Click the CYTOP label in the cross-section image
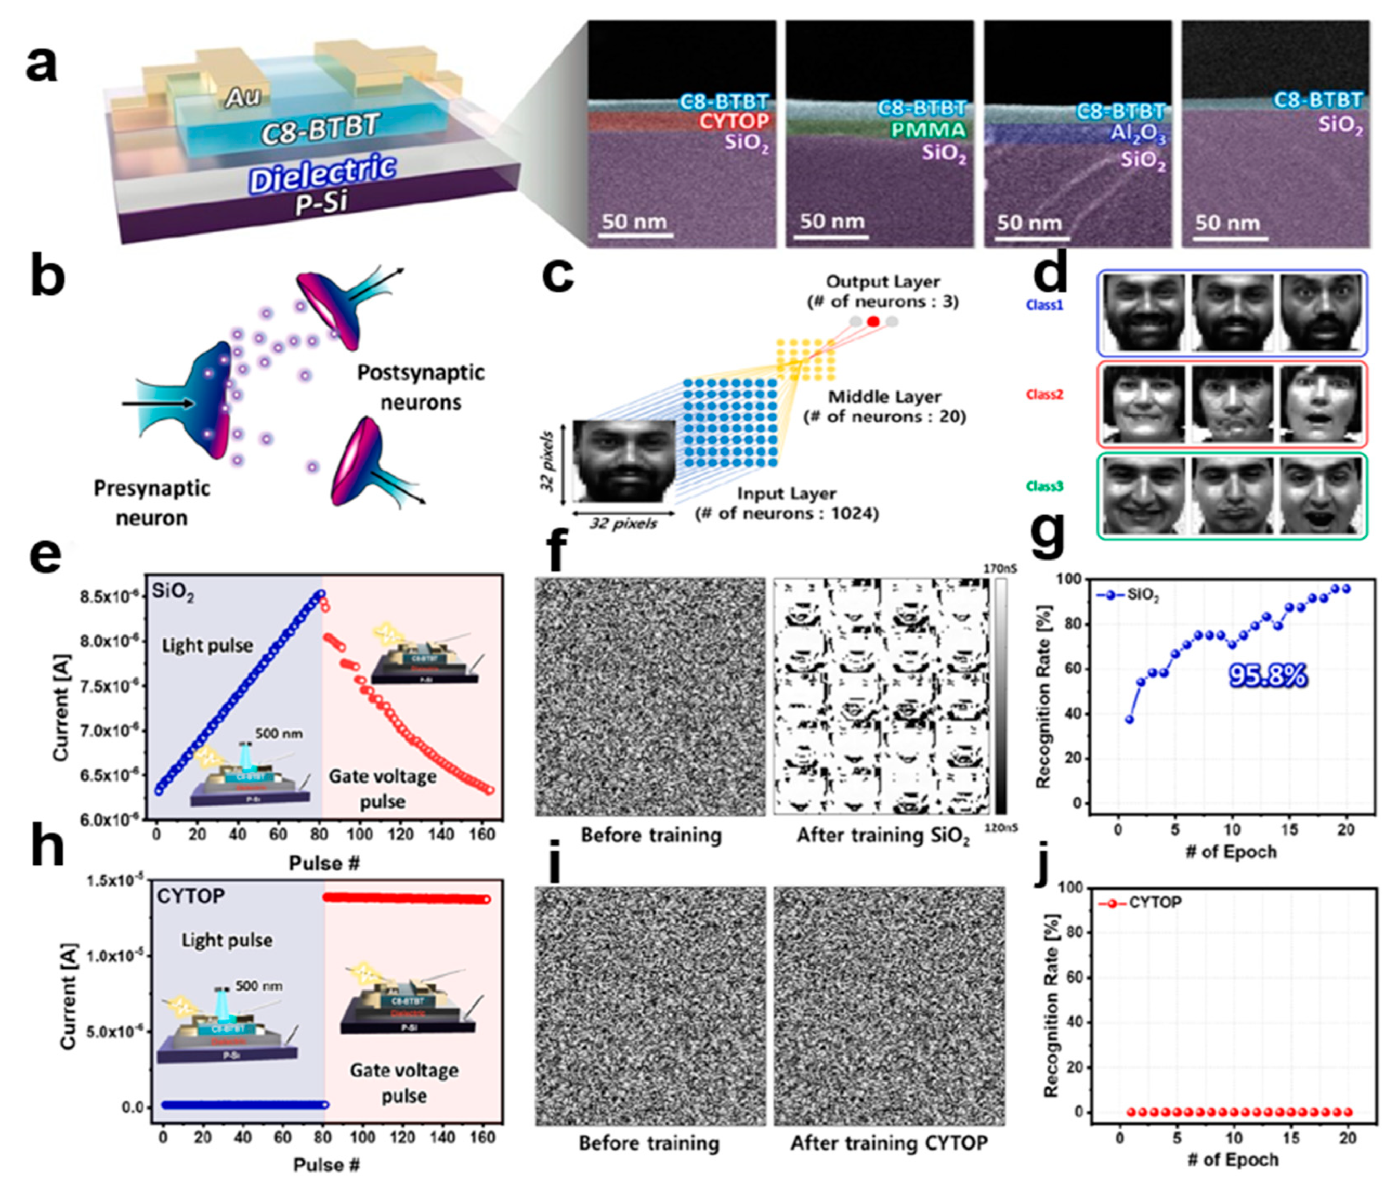(x=734, y=122)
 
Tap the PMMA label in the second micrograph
(x=929, y=129)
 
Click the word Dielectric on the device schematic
(x=322, y=173)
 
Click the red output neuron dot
(x=873, y=322)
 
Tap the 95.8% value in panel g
(x=1268, y=676)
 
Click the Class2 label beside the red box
(x=1044, y=394)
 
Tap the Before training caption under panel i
(x=649, y=1143)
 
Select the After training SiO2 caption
(x=883, y=836)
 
